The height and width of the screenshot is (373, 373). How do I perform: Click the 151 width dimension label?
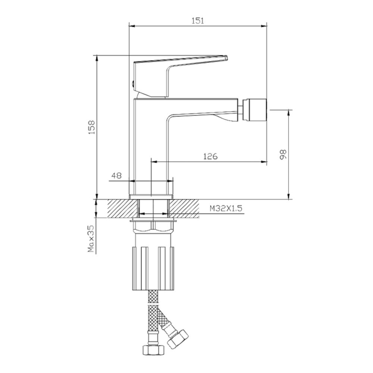(x=198, y=21)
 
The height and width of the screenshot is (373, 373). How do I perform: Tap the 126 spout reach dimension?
(x=210, y=156)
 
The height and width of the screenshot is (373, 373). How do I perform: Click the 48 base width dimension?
(x=117, y=176)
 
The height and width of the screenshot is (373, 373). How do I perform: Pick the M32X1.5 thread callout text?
(x=226, y=209)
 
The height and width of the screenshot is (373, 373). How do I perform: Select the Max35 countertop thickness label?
(x=91, y=239)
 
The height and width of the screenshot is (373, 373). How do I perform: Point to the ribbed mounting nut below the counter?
(x=153, y=267)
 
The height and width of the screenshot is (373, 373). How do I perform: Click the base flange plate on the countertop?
(x=151, y=197)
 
